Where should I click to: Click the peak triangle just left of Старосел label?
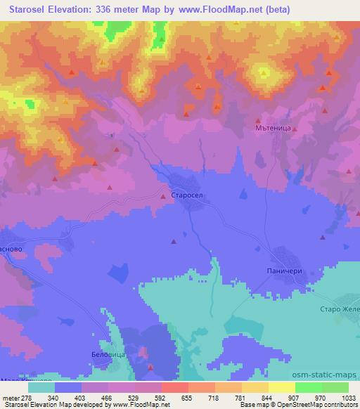coord(163,197)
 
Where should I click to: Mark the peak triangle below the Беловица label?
coord(150,366)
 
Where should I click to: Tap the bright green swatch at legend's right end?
coord(335,387)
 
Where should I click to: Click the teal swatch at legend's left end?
coord(41,387)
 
